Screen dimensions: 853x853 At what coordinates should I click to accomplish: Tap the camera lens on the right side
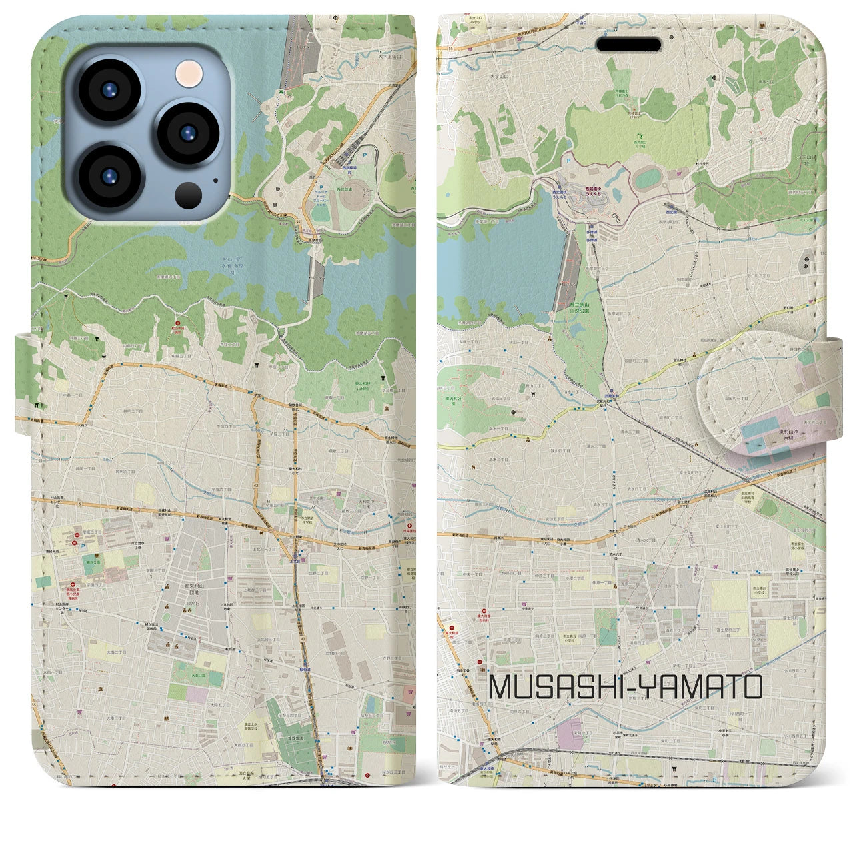187,132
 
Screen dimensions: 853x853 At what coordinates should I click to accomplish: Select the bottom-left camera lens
109,174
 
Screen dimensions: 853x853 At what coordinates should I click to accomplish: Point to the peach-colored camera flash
188,73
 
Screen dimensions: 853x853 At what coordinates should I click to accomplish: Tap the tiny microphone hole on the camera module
215,179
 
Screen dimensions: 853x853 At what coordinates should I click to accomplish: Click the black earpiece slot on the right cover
628,45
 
